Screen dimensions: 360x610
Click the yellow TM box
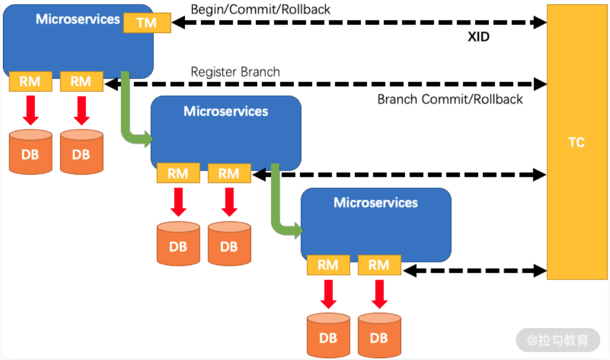pos(147,23)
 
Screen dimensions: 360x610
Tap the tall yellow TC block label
pos(576,142)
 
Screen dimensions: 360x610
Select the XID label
pos(478,38)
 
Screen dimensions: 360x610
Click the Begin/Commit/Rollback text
pos(260,10)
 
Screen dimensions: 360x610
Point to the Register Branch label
pos(235,72)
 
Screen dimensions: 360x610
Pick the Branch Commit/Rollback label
pos(450,99)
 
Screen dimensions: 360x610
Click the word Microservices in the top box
pos(78,19)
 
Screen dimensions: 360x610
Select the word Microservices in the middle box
pos(225,111)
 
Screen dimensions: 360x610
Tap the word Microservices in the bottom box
pos(375,203)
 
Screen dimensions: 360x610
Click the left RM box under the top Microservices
pos(30,82)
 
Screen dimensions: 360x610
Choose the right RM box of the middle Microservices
pos(229,173)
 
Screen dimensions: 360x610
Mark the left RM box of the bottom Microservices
pos(328,265)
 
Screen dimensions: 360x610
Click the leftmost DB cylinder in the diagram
pos(30,153)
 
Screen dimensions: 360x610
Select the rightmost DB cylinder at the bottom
pos(379,337)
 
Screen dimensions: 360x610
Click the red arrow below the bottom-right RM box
pos(379,294)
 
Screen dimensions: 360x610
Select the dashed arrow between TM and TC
pos(359,23)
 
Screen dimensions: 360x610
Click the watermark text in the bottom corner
pos(558,341)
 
